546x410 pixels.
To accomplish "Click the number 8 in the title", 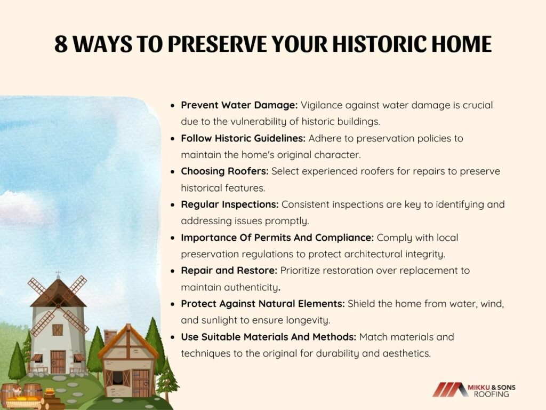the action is pyautogui.click(x=61, y=44).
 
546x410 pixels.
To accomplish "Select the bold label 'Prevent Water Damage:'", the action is pyautogui.click(x=239, y=105).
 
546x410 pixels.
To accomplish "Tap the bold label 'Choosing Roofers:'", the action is pyautogui.click(x=224, y=171).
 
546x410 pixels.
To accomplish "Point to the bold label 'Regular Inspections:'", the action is pyautogui.click(x=229, y=204).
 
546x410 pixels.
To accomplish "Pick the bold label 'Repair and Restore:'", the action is pyautogui.click(x=229, y=271).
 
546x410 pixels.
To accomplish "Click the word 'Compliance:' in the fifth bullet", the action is pyautogui.click(x=344, y=238).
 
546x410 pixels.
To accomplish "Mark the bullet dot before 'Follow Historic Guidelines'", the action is pyautogui.click(x=172, y=139).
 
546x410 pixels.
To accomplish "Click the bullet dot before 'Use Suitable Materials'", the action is pyautogui.click(x=172, y=337).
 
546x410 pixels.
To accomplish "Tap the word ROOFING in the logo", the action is pyautogui.click(x=491, y=395).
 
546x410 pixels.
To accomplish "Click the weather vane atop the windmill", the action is pyautogui.click(x=58, y=274).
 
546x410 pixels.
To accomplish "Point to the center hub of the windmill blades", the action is pyautogui.click(x=58, y=306).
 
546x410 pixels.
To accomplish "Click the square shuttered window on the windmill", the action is pyautogui.click(x=58, y=329).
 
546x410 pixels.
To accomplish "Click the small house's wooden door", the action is pyautogui.click(x=141, y=383).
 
